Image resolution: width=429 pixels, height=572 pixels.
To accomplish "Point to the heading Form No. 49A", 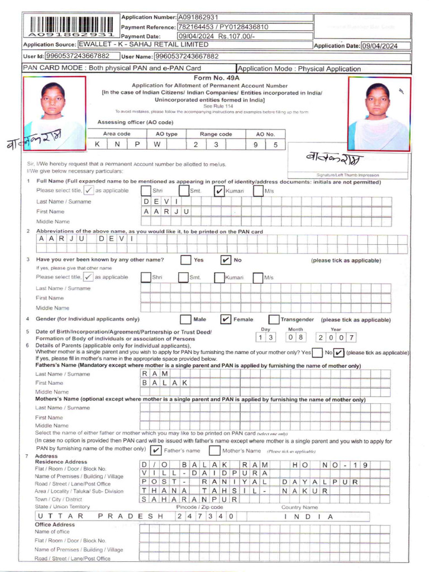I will click(215, 79).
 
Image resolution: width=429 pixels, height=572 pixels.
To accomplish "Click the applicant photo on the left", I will click(54, 113).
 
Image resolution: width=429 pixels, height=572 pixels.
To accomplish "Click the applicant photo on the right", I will click(378, 113).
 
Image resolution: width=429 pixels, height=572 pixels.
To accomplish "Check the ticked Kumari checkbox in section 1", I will click(220, 191).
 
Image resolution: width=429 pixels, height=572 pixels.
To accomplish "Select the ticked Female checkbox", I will click(226, 320).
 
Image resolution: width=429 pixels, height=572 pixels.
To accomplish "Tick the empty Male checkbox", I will click(185, 320).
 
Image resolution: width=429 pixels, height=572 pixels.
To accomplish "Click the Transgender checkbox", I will click(274, 320).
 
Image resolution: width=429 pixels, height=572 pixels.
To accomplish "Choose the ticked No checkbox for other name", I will click(226, 260).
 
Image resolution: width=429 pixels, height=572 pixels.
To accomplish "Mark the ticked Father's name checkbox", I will click(156, 450).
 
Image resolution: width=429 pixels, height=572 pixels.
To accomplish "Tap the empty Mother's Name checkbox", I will click(214, 450).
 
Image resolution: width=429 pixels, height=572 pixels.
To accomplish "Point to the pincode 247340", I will click(204, 516).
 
